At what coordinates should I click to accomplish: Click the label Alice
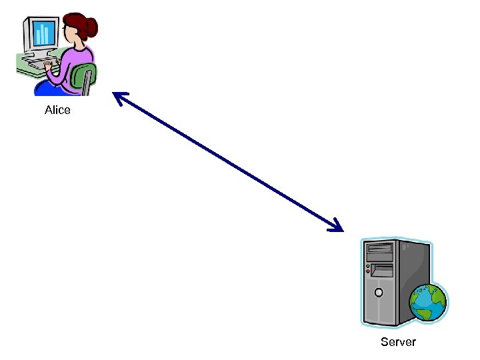coord(57,110)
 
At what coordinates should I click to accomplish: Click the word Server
coord(398,342)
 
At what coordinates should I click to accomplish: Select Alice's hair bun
coord(91,26)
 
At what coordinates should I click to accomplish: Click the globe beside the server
coord(428,303)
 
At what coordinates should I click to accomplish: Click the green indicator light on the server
coord(367,266)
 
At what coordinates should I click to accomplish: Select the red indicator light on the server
coord(367,272)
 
